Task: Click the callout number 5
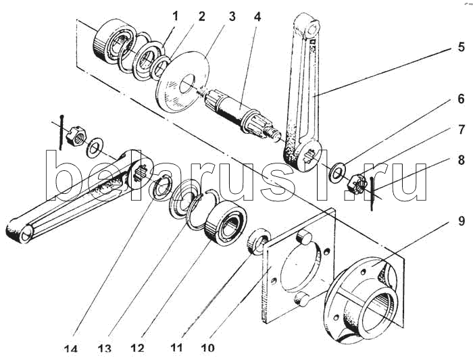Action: click(461, 47)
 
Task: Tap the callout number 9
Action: click(462, 221)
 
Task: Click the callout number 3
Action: click(232, 17)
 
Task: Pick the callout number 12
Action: click(137, 349)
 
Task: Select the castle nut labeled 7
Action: click(357, 184)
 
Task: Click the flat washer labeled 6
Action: click(338, 172)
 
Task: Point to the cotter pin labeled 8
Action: click(372, 193)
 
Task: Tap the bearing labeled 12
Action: click(226, 222)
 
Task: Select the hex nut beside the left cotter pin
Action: click(76, 136)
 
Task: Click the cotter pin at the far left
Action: click(61, 132)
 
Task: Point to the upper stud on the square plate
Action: click(304, 236)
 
